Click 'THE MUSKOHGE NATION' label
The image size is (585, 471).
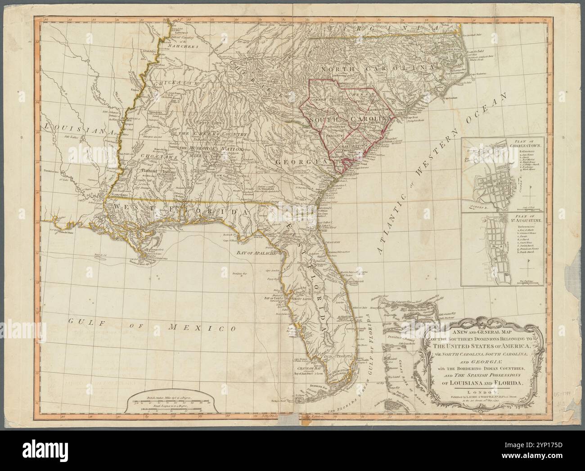(x=211, y=148)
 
